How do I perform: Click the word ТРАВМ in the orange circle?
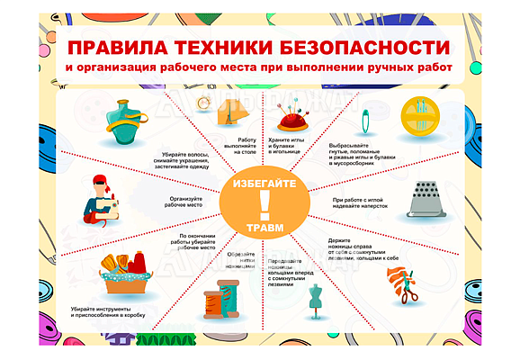263,229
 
